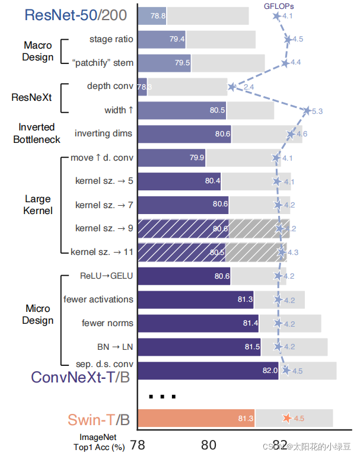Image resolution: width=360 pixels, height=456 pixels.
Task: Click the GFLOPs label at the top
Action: (279, 6)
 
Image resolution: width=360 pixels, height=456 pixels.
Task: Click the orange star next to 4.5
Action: (287, 419)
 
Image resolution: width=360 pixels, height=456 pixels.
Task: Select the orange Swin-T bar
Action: (196, 419)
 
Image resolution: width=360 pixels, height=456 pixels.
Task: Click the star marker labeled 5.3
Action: (307, 110)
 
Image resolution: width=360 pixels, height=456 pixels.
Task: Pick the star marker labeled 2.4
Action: (232, 87)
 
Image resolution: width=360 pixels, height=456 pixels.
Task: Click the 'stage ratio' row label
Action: (111, 40)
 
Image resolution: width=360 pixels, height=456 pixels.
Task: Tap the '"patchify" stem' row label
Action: (103, 63)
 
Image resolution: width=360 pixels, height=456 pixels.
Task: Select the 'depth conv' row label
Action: (110, 87)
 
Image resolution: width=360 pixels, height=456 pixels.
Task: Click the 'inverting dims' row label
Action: (104, 133)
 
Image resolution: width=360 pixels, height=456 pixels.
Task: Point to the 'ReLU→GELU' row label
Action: (107, 276)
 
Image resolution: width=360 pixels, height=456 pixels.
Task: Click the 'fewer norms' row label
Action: (108, 323)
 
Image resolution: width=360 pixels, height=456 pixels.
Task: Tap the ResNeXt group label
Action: (31, 98)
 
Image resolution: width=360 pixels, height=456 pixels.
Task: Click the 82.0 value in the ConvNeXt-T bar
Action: (270, 371)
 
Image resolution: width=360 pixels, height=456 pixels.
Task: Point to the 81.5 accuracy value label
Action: (251, 347)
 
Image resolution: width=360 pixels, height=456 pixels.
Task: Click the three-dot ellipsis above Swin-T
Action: (160, 396)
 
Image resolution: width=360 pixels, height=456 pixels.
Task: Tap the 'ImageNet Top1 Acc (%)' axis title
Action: (98, 442)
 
